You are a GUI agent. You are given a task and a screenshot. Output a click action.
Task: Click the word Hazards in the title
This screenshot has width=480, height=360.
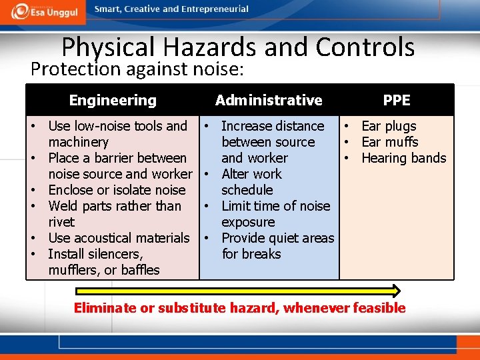click(x=208, y=48)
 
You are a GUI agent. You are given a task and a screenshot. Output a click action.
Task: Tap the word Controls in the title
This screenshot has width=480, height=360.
click(x=365, y=48)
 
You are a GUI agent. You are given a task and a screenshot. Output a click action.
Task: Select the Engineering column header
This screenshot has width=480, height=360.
click(x=113, y=101)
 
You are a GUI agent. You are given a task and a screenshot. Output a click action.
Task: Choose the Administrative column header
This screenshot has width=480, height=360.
click(x=269, y=101)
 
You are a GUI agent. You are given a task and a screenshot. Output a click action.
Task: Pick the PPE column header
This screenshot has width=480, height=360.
click(x=397, y=101)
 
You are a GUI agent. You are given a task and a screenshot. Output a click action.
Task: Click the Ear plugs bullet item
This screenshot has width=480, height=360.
click(x=389, y=126)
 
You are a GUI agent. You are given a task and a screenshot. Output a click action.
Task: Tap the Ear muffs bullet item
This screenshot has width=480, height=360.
click(x=389, y=142)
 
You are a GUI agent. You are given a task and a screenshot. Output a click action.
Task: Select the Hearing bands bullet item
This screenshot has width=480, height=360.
click(x=403, y=158)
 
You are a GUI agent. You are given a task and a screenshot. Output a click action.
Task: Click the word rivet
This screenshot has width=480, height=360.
click(x=61, y=222)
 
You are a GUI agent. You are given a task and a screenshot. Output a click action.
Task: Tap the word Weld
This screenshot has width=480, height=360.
click(x=63, y=206)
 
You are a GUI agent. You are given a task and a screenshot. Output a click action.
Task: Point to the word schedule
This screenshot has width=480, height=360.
click(x=247, y=190)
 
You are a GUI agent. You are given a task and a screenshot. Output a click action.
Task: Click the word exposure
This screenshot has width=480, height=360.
click(x=248, y=222)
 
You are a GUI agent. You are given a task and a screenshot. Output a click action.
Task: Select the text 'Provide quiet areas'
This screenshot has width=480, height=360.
click(x=277, y=238)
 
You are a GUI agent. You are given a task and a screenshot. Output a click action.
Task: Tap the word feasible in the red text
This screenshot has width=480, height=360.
click(x=381, y=308)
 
